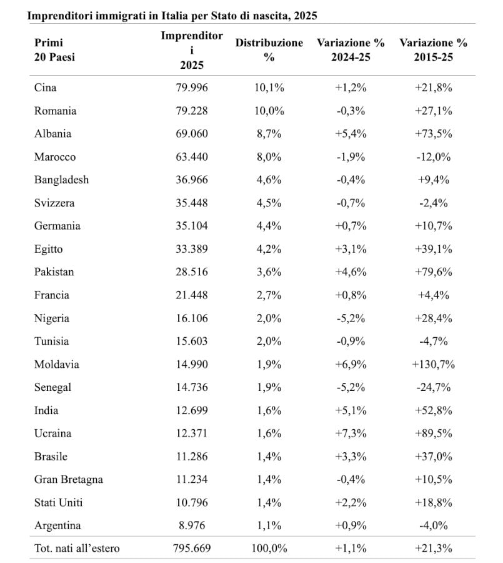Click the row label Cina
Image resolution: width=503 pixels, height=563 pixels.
click(45, 88)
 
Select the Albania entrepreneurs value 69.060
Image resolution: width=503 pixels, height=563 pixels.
click(192, 133)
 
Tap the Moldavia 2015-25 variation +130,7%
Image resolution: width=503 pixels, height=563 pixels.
click(433, 364)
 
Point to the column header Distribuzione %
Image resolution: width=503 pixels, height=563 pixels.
click(269, 49)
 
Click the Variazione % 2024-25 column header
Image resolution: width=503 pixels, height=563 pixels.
click(351, 49)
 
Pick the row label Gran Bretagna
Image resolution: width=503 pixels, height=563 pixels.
click(68, 479)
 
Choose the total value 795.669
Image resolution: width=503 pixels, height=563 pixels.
click(192, 549)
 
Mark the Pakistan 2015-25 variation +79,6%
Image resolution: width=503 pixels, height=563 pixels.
click(433, 272)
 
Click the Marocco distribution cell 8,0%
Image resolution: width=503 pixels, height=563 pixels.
click(269, 156)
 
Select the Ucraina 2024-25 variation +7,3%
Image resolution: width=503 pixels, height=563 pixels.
click(351, 434)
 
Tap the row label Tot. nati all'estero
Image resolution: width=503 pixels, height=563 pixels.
click(77, 549)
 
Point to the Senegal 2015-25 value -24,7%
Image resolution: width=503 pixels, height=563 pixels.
click(433, 387)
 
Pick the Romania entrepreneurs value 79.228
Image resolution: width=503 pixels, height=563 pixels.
click(192, 111)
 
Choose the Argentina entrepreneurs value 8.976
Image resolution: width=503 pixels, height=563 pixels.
click(192, 525)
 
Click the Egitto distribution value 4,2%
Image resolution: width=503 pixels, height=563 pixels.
click(269, 249)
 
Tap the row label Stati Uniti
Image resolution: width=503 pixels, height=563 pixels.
click(59, 502)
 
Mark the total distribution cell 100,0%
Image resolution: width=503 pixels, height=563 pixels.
click(269, 549)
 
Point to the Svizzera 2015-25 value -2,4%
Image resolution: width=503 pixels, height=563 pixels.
click(433, 203)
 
